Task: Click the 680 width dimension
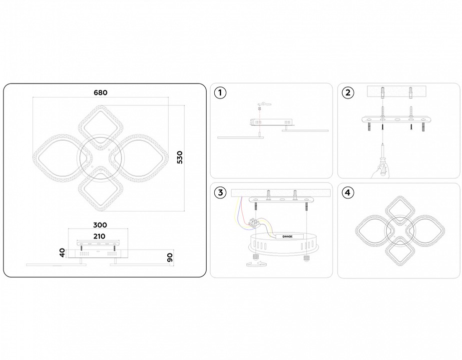(100, 92)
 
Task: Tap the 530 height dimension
(180, 157)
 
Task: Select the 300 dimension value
(100, 225)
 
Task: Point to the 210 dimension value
(99, 236)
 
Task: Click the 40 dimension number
(62, 253)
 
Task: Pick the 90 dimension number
(170, 257)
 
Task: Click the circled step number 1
(220, 92)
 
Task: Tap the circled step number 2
(348, 92)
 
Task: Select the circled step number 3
(220, 192)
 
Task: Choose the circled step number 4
(348, 192)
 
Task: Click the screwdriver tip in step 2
(382, 143)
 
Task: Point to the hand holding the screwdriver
(379, 171)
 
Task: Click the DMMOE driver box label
(288, 236)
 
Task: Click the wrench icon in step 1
(263, 103)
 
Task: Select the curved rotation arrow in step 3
(257, 263)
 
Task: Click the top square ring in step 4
(400, 211)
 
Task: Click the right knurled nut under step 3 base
(307, 258)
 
